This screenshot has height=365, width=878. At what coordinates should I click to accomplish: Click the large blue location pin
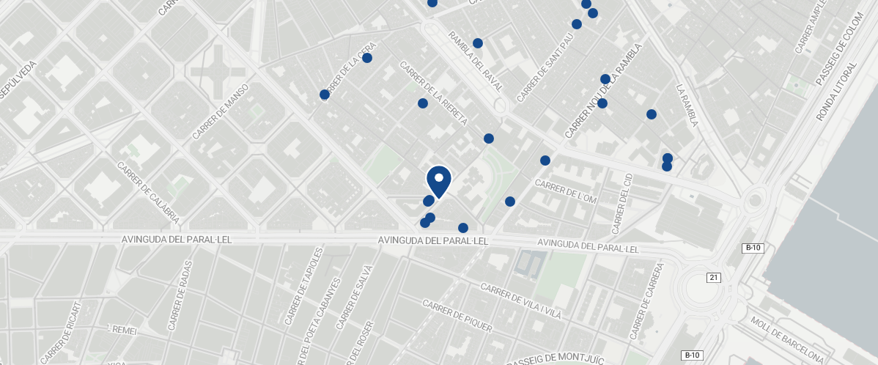[438, 181]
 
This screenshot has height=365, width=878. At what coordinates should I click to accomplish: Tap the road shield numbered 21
[714, 277]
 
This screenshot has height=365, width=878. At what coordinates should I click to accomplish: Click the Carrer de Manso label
[220, 112]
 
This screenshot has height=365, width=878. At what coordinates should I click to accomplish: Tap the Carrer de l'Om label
[567, 191]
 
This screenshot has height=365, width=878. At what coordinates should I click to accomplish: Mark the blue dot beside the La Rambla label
[651, 114]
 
